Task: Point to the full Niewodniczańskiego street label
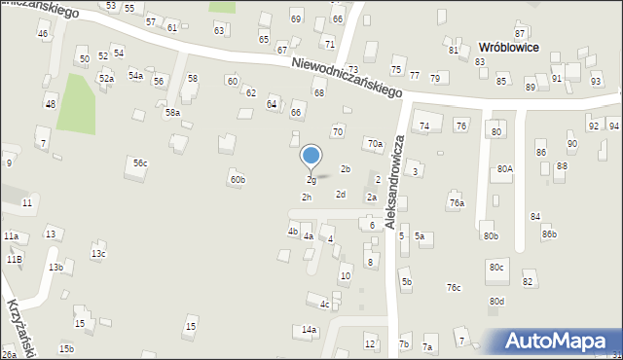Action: tap(348, 75)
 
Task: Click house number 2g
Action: tap(311, 180)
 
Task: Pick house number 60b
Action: tap(237, 179)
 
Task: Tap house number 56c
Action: tap(140, 162)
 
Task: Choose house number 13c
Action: tap(98, 254)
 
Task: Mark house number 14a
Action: tap(309, 330)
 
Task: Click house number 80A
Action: tap(503, 168)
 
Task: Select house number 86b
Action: tap(549, 234)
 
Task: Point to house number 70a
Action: tap(375, 144)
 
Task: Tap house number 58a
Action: tap(172, 113)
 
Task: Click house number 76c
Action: tap(454, 287)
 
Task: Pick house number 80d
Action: tap(497, 301)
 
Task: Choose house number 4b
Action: tap(292, 232)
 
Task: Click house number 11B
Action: tap(14, 260)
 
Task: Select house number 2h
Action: tap(306, 198)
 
